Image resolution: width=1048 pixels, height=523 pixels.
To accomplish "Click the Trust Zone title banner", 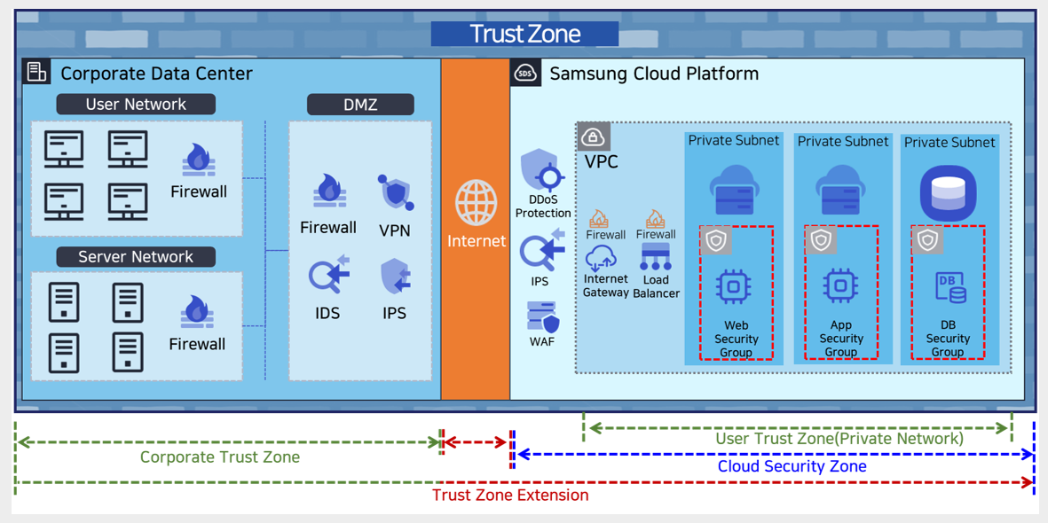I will click(x=524, y=34).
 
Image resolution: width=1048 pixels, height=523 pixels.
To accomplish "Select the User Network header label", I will click(x=136, y=105).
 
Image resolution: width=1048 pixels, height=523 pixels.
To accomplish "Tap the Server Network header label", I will click(x=136, y=257).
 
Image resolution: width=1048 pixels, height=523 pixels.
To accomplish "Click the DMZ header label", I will click(x=360, y=105).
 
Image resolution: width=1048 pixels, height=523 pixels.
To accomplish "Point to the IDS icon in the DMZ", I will click(x=328, y=275).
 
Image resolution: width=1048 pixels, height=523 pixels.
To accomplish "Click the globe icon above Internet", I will click(x=477, y=203).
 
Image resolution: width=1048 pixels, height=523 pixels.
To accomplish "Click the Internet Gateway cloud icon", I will click(x=602, y=258).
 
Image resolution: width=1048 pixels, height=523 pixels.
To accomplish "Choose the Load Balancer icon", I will click(x=656, y=258).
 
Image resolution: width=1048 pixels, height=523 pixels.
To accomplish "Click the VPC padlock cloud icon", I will click(x=593, y=137).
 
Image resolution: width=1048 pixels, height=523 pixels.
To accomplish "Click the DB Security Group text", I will click(x=948, y=339).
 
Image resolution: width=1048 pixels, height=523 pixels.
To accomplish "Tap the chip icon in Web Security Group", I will click(x=733, y=286).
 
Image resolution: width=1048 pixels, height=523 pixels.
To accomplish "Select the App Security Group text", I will click(x=841, y=339).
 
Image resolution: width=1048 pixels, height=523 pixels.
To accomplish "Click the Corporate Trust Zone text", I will click(x=220, y=457).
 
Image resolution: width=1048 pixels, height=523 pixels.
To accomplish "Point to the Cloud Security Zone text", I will click(x=792, y=466).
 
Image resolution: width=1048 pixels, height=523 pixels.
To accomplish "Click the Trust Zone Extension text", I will click(x=510, y=496).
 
